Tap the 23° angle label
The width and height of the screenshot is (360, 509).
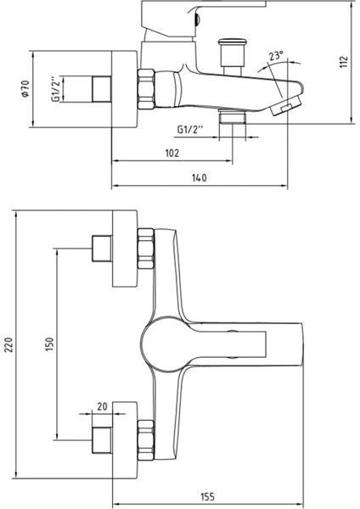[274, 58]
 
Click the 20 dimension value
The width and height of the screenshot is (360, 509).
[103, 407]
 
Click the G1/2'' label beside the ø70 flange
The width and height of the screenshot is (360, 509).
[55, 89]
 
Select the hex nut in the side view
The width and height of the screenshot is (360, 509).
[145, 87]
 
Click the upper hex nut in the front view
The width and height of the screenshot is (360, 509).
[145, 245]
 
